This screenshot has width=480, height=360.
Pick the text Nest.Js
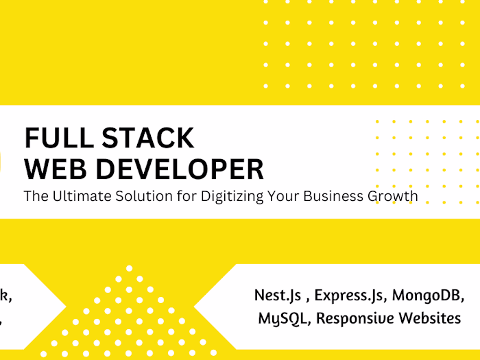tap(277, 296)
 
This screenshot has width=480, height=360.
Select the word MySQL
tap(282, 318)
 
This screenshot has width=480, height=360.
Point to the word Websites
tap(429, 317)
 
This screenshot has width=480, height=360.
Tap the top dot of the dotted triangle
tap(129, 268)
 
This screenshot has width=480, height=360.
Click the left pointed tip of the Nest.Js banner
tap(195, 307)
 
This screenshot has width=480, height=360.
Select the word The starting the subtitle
tap(35, 196)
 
